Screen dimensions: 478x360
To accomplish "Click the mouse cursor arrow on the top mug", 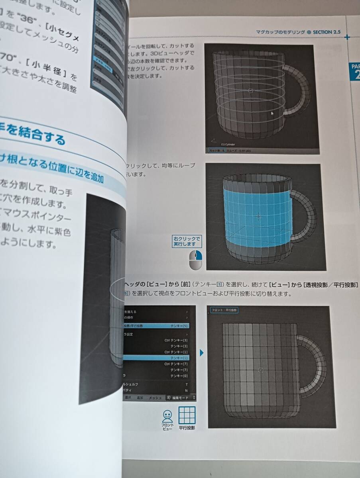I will click(x=272, y=114).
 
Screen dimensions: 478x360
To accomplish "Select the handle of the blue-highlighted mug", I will click(x=307, y=217).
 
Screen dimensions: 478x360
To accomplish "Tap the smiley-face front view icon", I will click(x=167, y=416).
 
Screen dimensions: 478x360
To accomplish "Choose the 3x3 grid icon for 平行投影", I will click(x=187, y=415).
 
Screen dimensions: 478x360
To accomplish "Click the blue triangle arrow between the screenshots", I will click(x=202, y=353).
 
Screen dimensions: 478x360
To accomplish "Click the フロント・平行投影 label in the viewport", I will click(x=224, y=310).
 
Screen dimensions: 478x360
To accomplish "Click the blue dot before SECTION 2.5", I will click(x=309, y=32).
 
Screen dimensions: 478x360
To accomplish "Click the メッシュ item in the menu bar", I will click(x=155, y=398).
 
